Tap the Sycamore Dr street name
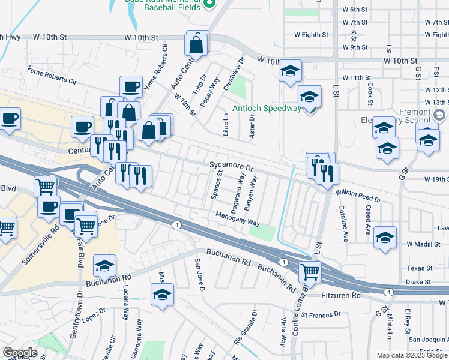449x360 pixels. click(232, 164)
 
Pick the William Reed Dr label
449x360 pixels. click(358, 195)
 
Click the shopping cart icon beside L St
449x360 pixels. click(310, 272)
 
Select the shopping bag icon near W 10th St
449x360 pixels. click(196, 44)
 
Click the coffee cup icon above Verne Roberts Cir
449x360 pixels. click(131, 87)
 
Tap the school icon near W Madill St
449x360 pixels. click(385, 237)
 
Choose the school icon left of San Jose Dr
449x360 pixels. click(161, 295)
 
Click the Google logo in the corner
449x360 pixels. click(19, 353)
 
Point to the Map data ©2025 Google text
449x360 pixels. click(411, 355)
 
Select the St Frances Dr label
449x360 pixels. click(321, 314)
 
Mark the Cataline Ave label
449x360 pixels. click(344, 223)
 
